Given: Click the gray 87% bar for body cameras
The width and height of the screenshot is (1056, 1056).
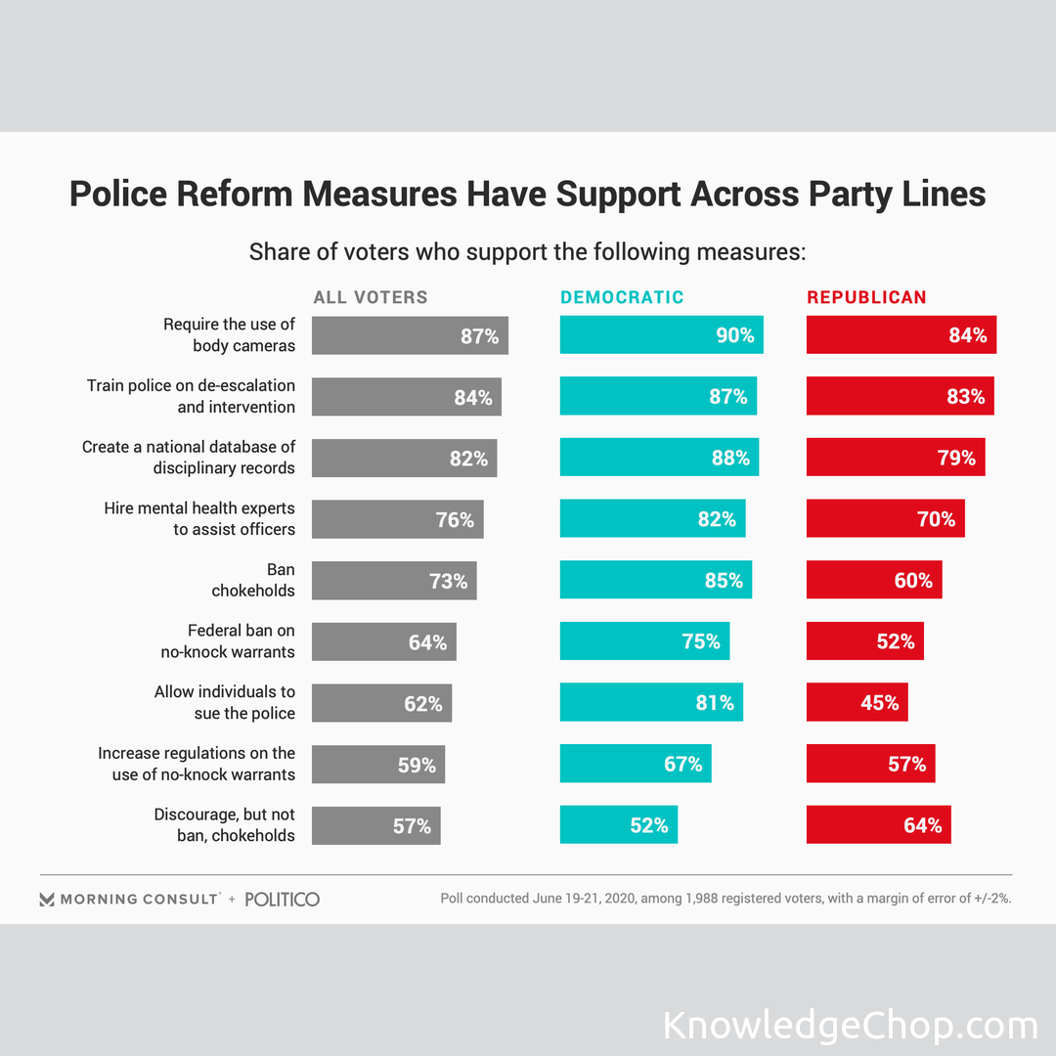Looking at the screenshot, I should (410, 335).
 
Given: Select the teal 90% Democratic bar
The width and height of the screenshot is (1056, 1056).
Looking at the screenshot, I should (661, 335).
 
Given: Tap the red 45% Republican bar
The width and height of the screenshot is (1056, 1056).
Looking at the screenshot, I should (857, 702).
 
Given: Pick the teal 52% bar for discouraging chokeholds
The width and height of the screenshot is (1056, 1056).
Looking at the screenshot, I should (618, 824).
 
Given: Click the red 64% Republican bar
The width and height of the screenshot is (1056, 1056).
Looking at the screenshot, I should (878, 824).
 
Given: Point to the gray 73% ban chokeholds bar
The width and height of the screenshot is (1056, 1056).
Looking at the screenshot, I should (394, 580).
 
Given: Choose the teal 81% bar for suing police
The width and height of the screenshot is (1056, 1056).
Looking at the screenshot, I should (651, 702).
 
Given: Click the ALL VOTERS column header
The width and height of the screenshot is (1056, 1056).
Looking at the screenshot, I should (371, 297).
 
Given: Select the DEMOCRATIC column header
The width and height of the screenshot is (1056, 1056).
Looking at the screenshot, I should (622, 297).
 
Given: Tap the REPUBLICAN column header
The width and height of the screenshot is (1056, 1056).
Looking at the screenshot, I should (866, 297).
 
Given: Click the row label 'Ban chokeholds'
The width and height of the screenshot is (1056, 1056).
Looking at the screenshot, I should (253, 580).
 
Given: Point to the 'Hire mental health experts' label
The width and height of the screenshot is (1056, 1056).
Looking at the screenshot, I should (199, 519).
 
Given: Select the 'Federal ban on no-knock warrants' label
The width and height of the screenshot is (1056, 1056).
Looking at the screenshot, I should (228, 641).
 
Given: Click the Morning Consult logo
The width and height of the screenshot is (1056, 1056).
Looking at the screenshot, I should (129, 899).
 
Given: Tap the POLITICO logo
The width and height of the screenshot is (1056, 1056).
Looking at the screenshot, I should (282, 899).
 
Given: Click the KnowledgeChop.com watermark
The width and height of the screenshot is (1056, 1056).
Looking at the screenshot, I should (850, 1026).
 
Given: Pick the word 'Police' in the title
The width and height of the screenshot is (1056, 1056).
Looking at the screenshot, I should (118, 194).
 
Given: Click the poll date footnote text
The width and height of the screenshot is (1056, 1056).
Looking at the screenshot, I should (725, 899).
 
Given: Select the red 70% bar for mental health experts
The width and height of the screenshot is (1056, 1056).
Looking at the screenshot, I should (885, 519).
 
